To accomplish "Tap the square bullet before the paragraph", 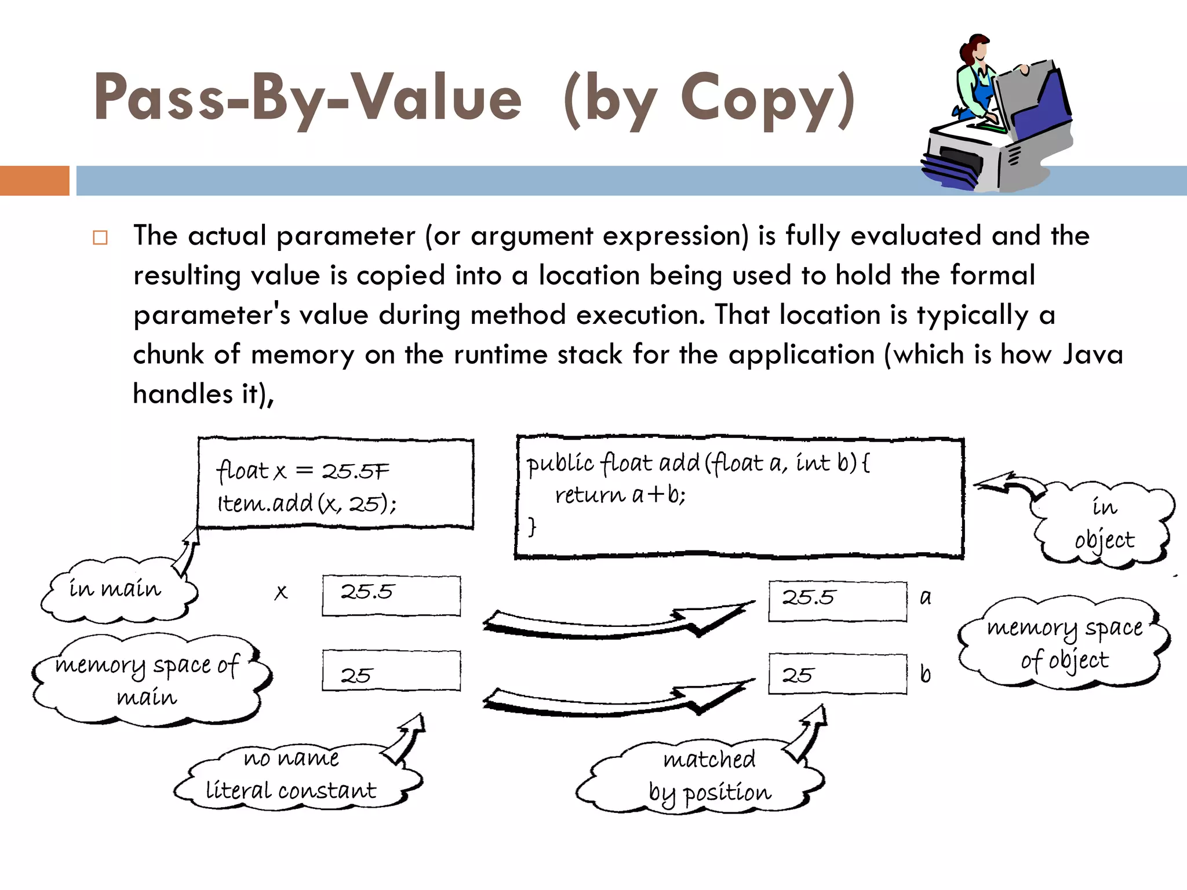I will [x=100, y=238].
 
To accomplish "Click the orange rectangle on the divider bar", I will [x=34, y=180].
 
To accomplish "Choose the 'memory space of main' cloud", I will [x=148, y=680].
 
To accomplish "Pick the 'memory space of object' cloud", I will [x=1064, y=643].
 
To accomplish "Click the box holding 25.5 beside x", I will [x=391, y=595].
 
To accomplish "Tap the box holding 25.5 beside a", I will [x=838, y=601].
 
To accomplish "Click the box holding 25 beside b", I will [x=838, y=674].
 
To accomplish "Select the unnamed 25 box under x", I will [x=391, y=671].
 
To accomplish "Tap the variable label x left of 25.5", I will [x=281, y=592].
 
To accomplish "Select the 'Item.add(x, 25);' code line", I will [x=307, y=504].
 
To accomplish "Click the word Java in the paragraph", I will [x=1093, y=355].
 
